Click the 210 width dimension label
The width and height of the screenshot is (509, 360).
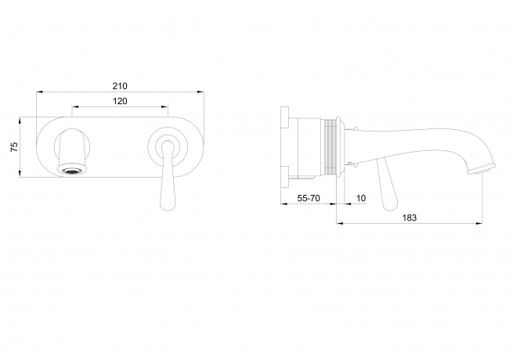pos(120,86)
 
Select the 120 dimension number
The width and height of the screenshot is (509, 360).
pos(120,101)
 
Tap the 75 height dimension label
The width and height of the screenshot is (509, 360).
pos(14,147)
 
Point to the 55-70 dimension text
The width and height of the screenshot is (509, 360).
pos(309,198)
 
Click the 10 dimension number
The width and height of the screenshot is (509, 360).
pos(361,198)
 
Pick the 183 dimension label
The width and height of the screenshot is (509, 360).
pos(410,218)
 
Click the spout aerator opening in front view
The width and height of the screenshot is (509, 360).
pos(72,171)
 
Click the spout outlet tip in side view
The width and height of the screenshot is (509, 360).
pos(481,170)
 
